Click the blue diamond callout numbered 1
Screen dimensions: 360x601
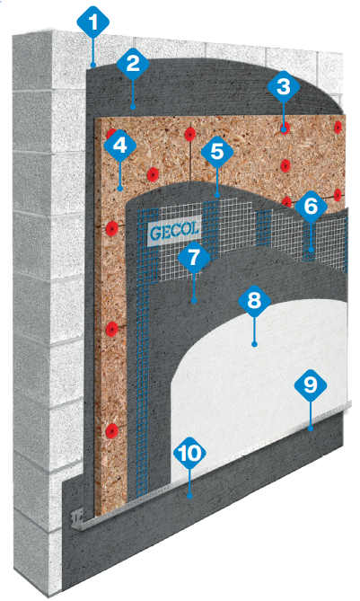pyautogui.click(x=93, y=22)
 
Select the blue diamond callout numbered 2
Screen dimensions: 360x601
pyautogui.click(x=133, y=63)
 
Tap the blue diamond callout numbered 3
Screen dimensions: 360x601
pyautogui.click(x=284, y=87)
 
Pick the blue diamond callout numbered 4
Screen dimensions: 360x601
pyautogui.click(x=120, y=146)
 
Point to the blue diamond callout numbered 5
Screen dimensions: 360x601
pyautogui.click(x=216, y=152)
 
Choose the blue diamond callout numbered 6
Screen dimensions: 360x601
pyautogui.click(x=311, y=207)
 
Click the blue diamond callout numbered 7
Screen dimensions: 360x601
pyautogui.click(x=194, y=257)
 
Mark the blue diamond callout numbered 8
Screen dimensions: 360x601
pyautogui.click(x=254, y=300)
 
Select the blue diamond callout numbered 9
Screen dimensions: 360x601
pyautogui.click(x=311, y=385)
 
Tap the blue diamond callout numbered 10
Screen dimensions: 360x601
pyautogui.click(x=189, y=454)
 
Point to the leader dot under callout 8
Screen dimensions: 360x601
pyautogui.click(x=254, y=344)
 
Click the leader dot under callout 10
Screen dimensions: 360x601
pyautogui.click(x=189, y=497)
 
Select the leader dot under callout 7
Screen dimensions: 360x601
pyautogui.click(x=194, y=301)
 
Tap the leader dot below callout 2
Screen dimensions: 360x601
pyautogui.click(x=133, y=107)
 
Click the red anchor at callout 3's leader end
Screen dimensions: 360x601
pyautogui.click(x=284, y=128)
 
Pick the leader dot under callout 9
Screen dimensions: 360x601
pyautogui.click(x=311, y=429)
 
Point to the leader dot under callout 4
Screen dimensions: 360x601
pyautogui.click(x=120, y=189)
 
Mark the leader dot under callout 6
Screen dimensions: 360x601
pyautogui.click(x=312, y=250)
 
